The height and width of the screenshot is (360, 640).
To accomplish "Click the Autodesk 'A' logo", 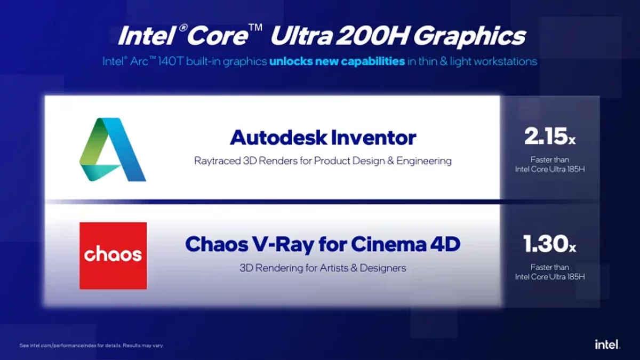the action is (113, 149).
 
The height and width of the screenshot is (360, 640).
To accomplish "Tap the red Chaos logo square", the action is (113, 255).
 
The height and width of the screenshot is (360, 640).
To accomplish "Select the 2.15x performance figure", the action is (550, 137).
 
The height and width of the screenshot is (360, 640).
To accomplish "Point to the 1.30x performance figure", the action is (549, 244).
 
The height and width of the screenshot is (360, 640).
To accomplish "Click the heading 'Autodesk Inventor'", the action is (323, 138).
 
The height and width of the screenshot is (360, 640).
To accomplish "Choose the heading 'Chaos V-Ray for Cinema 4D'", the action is (323, 245).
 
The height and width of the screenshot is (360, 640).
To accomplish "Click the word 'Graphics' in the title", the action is (469, 36).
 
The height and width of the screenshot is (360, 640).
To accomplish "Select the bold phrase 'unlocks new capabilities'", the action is (337, 61).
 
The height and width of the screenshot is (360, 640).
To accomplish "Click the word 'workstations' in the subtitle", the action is (505, 61).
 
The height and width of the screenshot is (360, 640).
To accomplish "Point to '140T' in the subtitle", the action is (170, 61).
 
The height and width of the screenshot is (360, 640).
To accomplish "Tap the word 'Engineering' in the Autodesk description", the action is (424, 161).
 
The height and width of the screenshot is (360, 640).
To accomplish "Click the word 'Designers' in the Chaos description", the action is (383, 268).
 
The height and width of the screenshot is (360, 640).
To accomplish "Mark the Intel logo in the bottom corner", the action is (607, 344).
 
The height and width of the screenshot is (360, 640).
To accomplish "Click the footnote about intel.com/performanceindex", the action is (91, 346).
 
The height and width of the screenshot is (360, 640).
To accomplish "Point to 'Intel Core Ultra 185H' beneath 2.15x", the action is (550, 169).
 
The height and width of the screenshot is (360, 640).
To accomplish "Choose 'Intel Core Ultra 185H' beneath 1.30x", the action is (550, 277).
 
